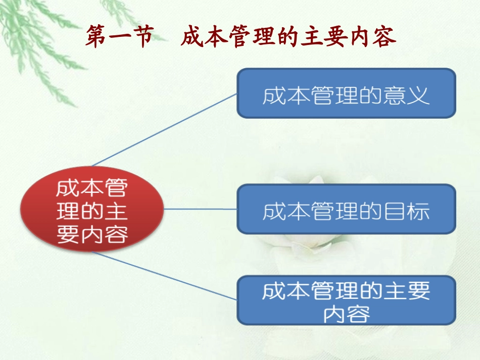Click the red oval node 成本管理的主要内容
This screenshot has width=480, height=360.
tap(92, 210)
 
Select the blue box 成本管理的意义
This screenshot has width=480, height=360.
tap(346, 93)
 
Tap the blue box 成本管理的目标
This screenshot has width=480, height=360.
tap(346, 209)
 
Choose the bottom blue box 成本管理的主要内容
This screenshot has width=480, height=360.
tap(346, 300)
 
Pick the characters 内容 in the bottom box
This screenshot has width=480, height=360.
tap(346, 314)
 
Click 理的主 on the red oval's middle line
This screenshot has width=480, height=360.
tap(92, 211)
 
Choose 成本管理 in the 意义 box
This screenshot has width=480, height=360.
tap(304, 95)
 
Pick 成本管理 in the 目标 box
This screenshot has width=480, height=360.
tap(304, 211)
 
